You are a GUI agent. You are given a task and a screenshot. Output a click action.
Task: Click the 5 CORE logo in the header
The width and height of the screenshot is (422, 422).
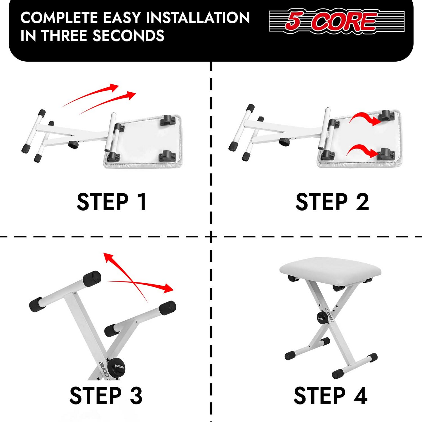pyautogui.click(x=337, y=22)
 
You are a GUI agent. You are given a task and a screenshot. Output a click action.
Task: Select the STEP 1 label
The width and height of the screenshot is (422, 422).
pyautogui.click(x=112, y=202)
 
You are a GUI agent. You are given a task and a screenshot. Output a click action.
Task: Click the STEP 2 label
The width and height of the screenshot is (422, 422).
pyautogui.click(x=332, y=202)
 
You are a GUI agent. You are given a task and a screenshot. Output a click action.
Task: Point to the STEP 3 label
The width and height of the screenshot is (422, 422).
pyautogui.click(x=106, y=395)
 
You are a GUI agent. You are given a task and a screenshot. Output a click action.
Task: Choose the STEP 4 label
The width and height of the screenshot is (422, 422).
pyautogui.click(x=331, y=395)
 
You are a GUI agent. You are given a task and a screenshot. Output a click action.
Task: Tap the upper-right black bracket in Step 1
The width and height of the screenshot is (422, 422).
pyautogui.click(x=168, y=120)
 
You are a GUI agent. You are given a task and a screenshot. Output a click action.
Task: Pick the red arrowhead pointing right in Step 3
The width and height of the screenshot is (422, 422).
pyautogui.click(x=169, y=289)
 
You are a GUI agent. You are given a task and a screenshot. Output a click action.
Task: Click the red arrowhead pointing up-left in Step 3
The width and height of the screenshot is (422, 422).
pyautogui.click(x=108, y=258)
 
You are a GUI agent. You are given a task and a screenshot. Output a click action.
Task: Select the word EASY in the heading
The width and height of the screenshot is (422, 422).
pyautogui.click(x=121, y=18)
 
